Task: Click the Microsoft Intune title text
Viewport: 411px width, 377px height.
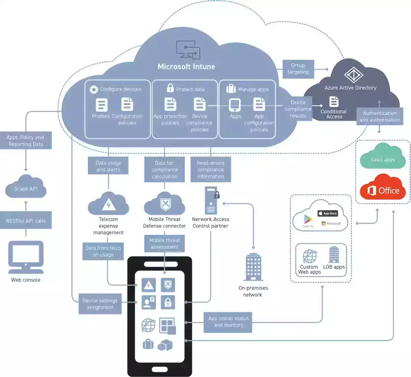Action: click(x=186, y=66)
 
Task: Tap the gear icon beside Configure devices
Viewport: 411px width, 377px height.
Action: click(x=94, y=89)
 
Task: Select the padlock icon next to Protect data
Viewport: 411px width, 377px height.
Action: click(x=170, y=88)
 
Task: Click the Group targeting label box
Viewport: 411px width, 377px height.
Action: click(x=298, y=69)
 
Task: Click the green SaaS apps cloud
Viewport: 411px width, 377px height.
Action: click(x=383, y=157)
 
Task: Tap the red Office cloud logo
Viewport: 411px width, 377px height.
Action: click(x=383, y=188)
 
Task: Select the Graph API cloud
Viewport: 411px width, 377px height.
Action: click(x=26, y=187)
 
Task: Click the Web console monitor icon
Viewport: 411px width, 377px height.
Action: click(x=26, y=257)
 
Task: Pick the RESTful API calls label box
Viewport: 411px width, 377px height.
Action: click(x=26, y=221)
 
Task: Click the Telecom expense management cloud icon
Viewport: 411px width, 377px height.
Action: click(x=108, y=204)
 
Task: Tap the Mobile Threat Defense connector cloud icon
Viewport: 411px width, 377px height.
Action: click(x=164, y=204)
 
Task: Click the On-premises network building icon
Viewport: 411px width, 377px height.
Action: click(x=253, y=267)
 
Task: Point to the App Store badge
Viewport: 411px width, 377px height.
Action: click(x=328, y=213)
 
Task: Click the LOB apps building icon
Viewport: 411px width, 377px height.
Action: click(x=334, y=255)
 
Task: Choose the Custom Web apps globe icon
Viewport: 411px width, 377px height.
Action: click(x=310, y=256)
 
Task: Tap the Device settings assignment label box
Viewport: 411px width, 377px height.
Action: click(x=100, y=304)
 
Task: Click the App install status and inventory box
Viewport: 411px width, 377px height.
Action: click(x=228, y=322)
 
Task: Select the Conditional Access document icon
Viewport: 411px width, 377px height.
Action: click(x=334, y=102)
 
